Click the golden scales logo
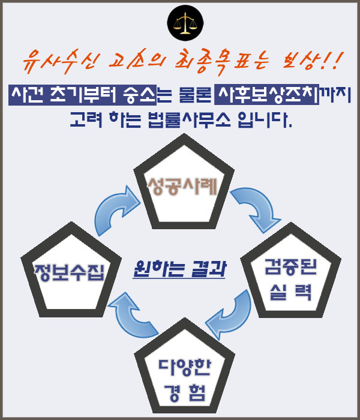tap(185, 23)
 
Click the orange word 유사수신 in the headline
tap(61, 62)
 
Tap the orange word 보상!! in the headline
tap(313, 61)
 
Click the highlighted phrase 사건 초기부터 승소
tap(83, 95)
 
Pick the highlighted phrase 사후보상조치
tap(267, 95)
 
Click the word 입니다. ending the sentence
tap(265, 119)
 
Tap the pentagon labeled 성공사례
tap(184, 182)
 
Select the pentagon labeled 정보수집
tap(71, 270)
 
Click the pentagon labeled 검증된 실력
tap(291, 271)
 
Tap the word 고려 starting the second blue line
tap(86, 119)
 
